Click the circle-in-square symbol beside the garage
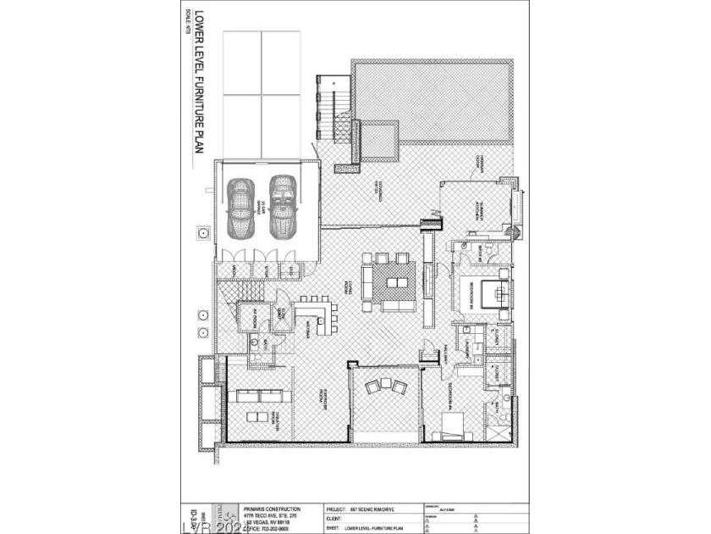[x=204, y=231]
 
